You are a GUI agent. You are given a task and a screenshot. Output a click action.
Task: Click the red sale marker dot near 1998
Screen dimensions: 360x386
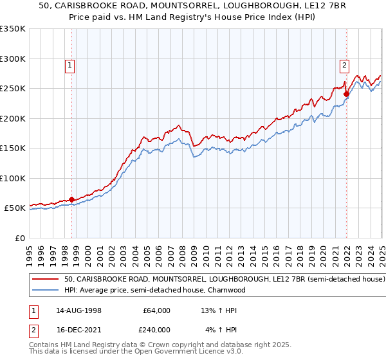coord(71,199)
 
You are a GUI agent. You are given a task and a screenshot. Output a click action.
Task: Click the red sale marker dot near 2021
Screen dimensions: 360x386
coord(346,94)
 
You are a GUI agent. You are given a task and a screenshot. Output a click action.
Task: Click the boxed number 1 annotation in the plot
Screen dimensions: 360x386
coord(69,64)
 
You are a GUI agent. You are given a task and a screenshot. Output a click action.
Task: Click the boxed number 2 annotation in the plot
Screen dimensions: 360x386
coord(344,64)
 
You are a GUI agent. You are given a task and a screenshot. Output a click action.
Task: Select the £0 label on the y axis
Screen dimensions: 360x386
coord(19,238)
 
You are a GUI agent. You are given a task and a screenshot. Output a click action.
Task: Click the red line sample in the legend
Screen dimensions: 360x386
coord(45,280)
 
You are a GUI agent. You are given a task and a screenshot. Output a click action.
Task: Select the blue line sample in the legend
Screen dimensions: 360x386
coord(45,290)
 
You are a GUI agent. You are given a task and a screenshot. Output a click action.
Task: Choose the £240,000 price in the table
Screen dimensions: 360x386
coord(156,328)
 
